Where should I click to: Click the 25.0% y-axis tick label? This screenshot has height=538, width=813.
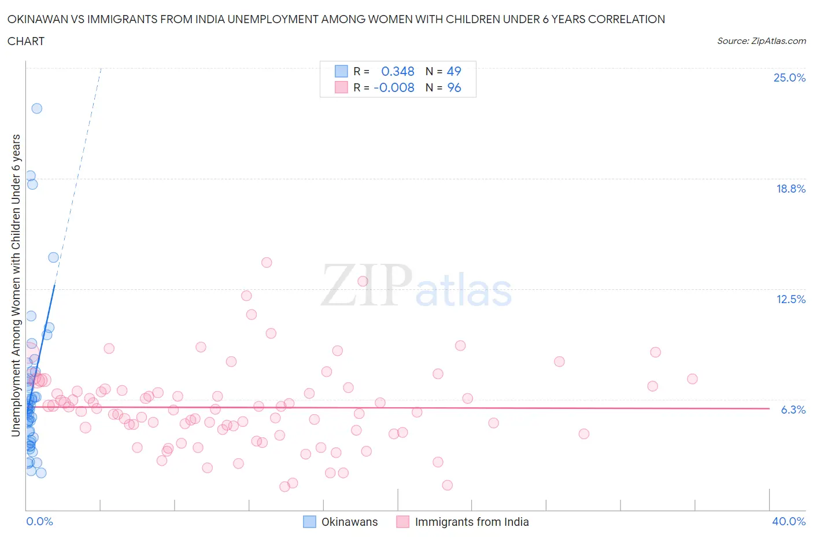pos(789,78)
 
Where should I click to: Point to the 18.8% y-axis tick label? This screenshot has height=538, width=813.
pos(790,189)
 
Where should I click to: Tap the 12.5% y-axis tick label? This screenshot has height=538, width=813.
pos(790,299)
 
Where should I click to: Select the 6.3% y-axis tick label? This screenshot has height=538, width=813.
pos(793,410)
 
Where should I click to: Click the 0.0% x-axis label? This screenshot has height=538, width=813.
pos(39,521)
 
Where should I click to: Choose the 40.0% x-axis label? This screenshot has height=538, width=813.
pos(788,521)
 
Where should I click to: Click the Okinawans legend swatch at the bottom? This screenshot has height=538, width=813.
pos(310,522)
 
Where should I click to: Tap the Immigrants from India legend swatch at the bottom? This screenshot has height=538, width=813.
pos(403,522)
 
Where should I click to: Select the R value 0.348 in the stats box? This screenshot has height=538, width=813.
pos(398,71)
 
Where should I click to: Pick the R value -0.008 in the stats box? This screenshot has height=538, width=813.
pos(394,87)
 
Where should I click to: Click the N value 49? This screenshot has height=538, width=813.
pos(454,71)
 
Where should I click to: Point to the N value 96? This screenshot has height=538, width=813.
pos(454,87)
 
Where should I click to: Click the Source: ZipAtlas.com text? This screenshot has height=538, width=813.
pos(761,41)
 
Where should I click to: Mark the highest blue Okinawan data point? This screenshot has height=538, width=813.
pos(36,108)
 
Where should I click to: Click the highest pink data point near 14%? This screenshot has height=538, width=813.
pos(267,262)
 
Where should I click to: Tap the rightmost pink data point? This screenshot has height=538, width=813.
pos(692,379)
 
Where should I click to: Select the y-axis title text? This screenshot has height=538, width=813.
pos(16,285)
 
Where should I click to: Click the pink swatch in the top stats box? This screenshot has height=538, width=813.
pos(341,87)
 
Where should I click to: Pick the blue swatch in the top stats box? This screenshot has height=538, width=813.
pos(341,71)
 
